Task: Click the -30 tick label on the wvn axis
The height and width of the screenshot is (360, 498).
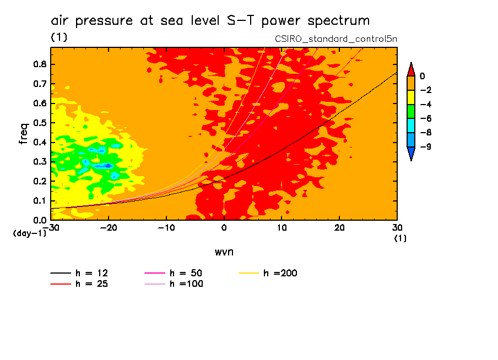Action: tap(51, 227)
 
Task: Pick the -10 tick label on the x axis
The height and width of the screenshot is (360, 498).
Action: tap(166, 227)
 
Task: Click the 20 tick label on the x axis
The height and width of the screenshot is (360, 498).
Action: tap(339, 227)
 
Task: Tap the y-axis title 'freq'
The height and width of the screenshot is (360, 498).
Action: tap(24, 133)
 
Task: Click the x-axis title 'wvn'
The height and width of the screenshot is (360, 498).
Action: tap(223, 252)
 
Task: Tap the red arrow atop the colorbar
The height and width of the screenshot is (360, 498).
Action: tap(410, 69)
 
